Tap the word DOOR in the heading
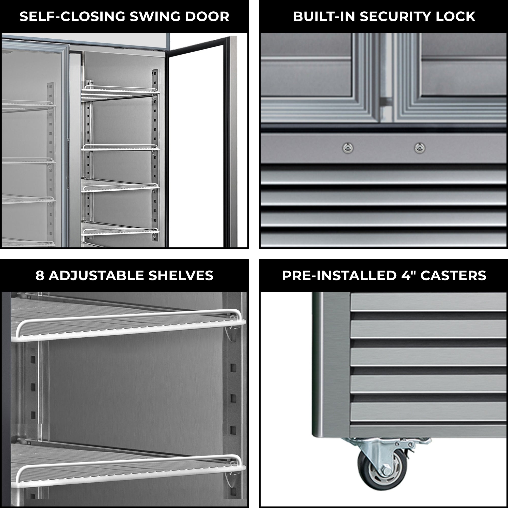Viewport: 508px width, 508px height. coord(207,17)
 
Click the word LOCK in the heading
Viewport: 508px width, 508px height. coord(455,17)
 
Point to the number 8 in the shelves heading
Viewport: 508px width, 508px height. coord(40,276)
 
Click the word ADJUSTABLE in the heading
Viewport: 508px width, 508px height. coord(96,276)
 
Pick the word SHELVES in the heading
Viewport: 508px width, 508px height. coord(181,276)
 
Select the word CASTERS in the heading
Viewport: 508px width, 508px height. coord(453,276)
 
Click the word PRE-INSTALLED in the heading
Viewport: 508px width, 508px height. coord(339,276)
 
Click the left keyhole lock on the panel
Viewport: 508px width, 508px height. coord(348,148)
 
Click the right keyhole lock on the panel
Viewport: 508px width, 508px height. coord(420,148)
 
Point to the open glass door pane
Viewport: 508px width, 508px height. coord(196,147)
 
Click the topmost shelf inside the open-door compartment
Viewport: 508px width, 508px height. coord(120,93)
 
